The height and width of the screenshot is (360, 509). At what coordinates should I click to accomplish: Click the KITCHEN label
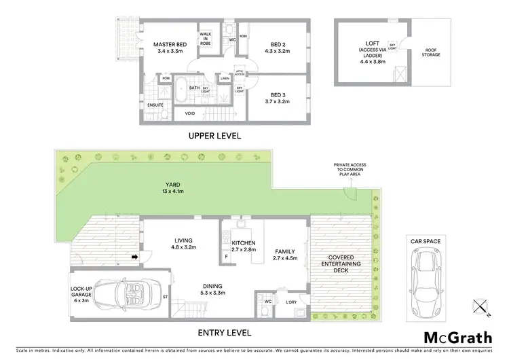coord(243,247)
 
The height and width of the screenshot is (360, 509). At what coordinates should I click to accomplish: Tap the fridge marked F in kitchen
coord(225,256)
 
